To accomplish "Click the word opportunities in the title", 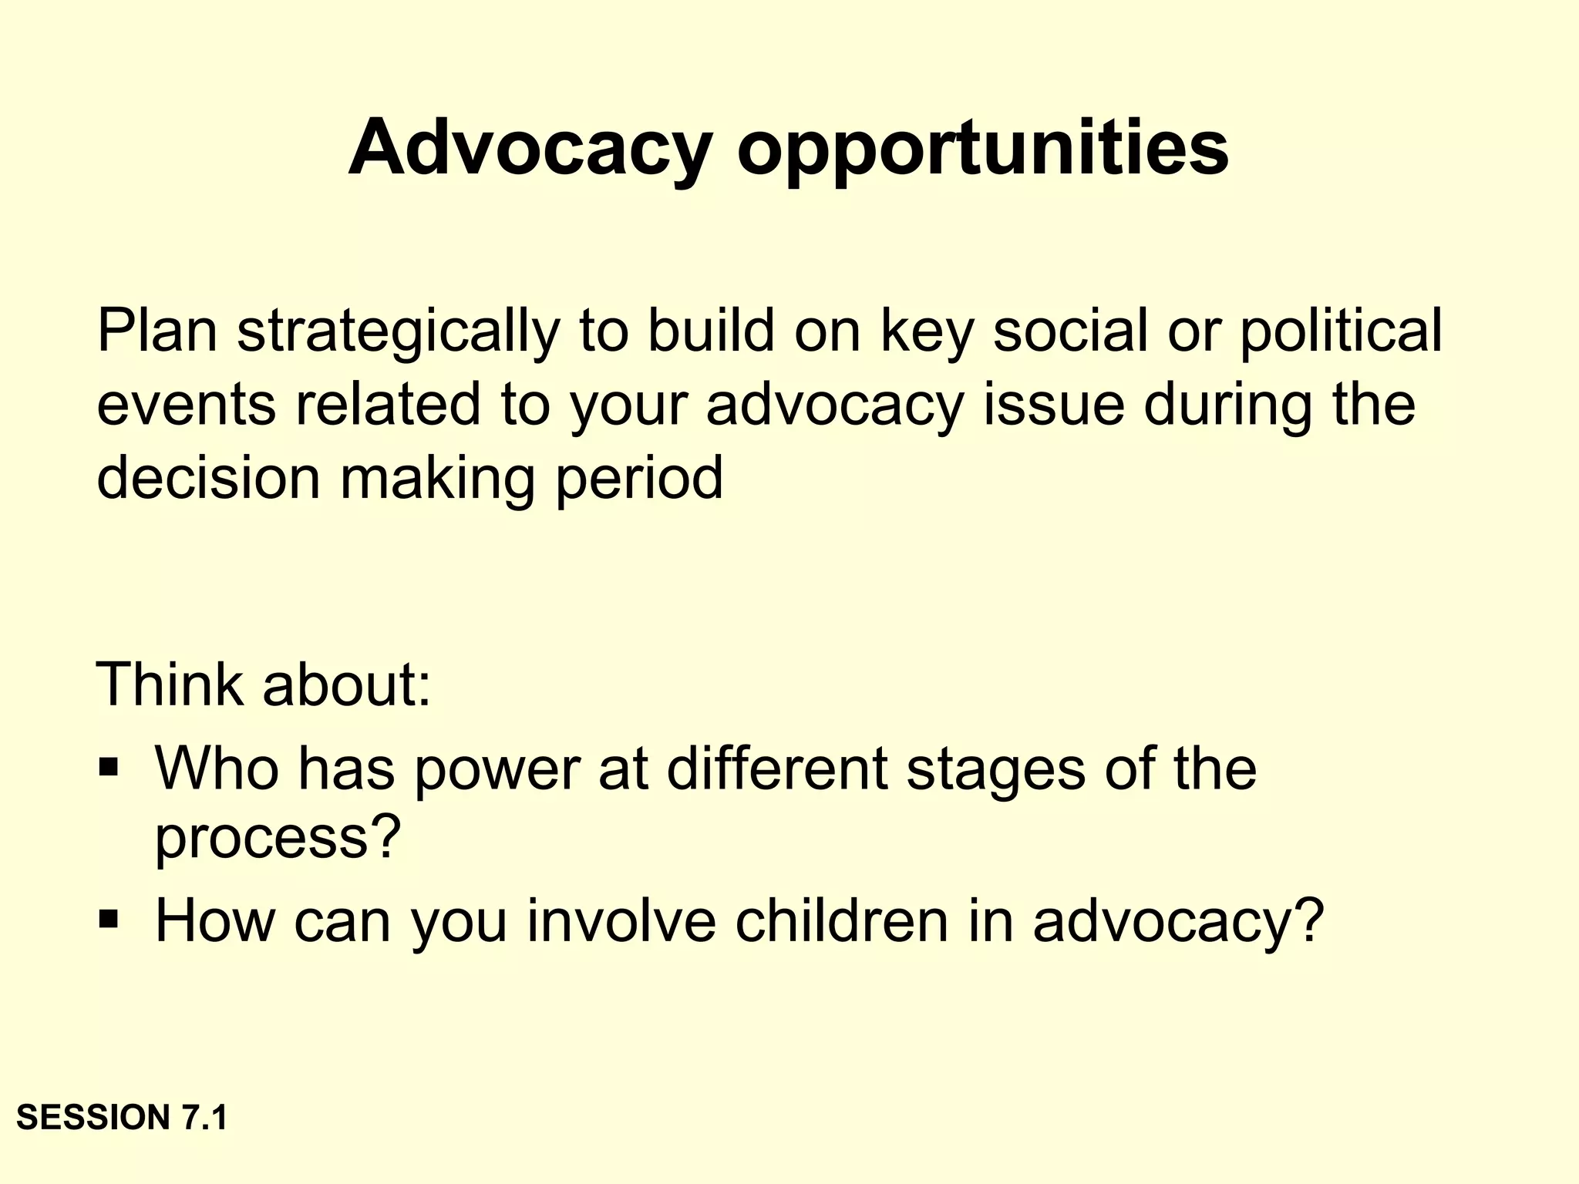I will [x=982, y=148].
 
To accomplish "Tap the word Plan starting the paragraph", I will [x=157, y=330].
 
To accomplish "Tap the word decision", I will [x=208, y=477].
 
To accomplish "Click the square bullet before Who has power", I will [x=109, y=767].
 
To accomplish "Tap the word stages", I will [x=995, y=771].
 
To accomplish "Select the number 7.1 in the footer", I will [x=204, y=1118].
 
